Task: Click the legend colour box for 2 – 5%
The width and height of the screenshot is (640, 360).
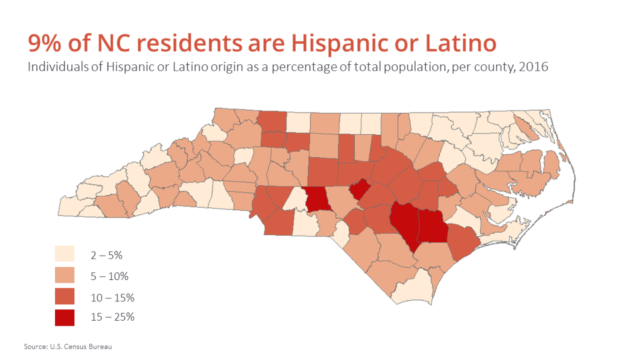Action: pyautogui.click(x=64, y=254)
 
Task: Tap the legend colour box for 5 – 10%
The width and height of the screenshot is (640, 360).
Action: pyautogui.click(x=64, y=275)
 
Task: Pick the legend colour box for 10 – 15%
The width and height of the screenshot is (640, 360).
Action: pyautogui.click(x=64, y=296)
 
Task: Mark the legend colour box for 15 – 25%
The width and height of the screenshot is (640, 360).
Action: pyautogui.click(x=64, y=317)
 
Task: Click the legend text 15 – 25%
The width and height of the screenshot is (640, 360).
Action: pyautogui.click(x=111, y=317)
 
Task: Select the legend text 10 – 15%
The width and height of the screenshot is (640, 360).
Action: pyautogui.click(x=111, y=296)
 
